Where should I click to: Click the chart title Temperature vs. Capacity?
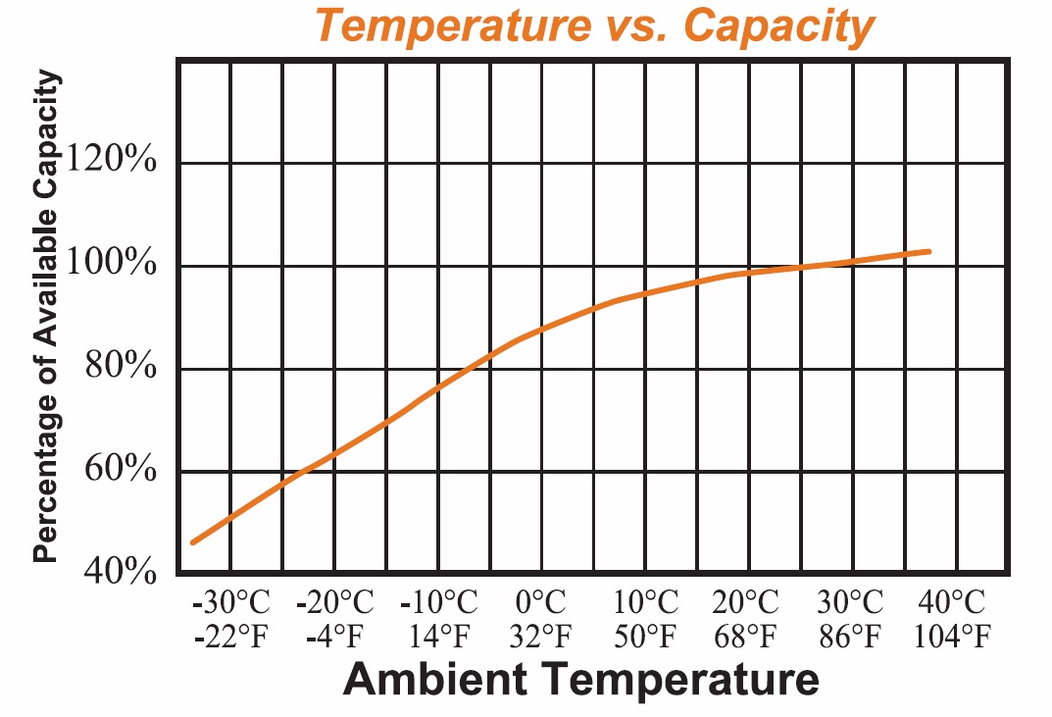tap(593, 27)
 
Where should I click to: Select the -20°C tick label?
tap(334, 601)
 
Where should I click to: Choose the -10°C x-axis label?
tap(438, 601)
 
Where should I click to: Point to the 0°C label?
tap(541, 601)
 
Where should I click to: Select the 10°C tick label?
tap(645, 601)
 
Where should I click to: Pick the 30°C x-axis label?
tap(851, 601)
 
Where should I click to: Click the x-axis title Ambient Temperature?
tap(580, 679)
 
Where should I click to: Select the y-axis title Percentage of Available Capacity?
tap(45, 319)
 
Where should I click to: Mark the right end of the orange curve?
tap(927, 252)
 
